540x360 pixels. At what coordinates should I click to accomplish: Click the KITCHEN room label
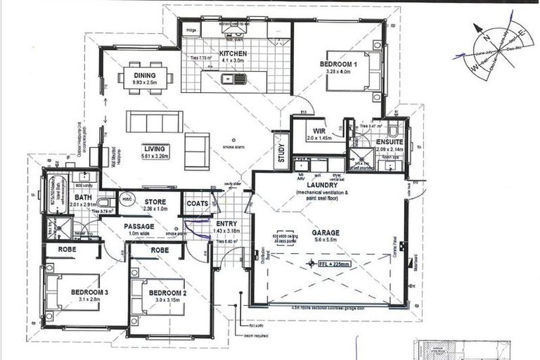click(x=233, y=53)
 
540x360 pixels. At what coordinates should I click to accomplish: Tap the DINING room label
click(x=145, y=75)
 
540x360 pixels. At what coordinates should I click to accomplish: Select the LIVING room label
click(x=154, y=149)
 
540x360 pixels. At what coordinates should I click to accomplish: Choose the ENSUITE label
click(x=390, y=141)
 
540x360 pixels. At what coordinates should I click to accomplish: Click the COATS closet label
click(x=197, y=203)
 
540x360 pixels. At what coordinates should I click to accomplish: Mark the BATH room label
click(x=84, y=198)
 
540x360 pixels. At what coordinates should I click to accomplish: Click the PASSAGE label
click(x=140, y=226)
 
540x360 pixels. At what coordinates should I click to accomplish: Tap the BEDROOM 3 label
click(x=89, y=292)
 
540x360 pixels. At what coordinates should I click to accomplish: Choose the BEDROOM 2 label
click(x=167, y=292)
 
